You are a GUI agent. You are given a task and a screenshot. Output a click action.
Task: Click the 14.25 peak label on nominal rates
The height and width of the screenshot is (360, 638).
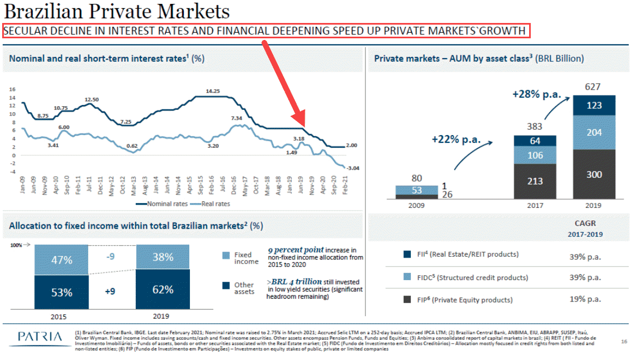click(x=213, y=91)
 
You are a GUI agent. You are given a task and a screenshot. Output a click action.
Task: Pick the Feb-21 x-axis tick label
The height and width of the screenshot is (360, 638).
click(x=344, y=183)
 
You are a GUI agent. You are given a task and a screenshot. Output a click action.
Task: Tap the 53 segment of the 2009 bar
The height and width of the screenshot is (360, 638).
click(x=417, y=190)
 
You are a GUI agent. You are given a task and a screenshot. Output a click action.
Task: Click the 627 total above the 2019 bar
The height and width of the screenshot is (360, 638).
click(x=593, y=87)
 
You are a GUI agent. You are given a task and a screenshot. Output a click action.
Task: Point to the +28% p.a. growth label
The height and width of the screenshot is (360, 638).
click(x=537, y=94)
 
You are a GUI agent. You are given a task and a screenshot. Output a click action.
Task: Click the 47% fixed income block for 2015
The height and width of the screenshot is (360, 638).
click(x=61, y=260)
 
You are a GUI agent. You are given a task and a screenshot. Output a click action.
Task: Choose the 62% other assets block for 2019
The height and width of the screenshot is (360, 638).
click(x=163, y=289)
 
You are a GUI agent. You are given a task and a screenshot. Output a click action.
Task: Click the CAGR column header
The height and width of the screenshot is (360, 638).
click(x=585, y=223)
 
